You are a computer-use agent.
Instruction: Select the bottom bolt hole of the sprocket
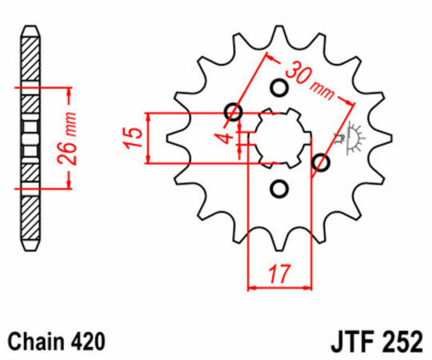pyautogui.click(x=279, y=189)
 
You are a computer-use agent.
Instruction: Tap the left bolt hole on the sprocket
pyautogui.click(x=234, y=112)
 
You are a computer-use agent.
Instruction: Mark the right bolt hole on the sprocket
pyautogui.click(x=322, y=163)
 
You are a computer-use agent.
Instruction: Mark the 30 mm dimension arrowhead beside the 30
pyautogui.click(x=272, y=58)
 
